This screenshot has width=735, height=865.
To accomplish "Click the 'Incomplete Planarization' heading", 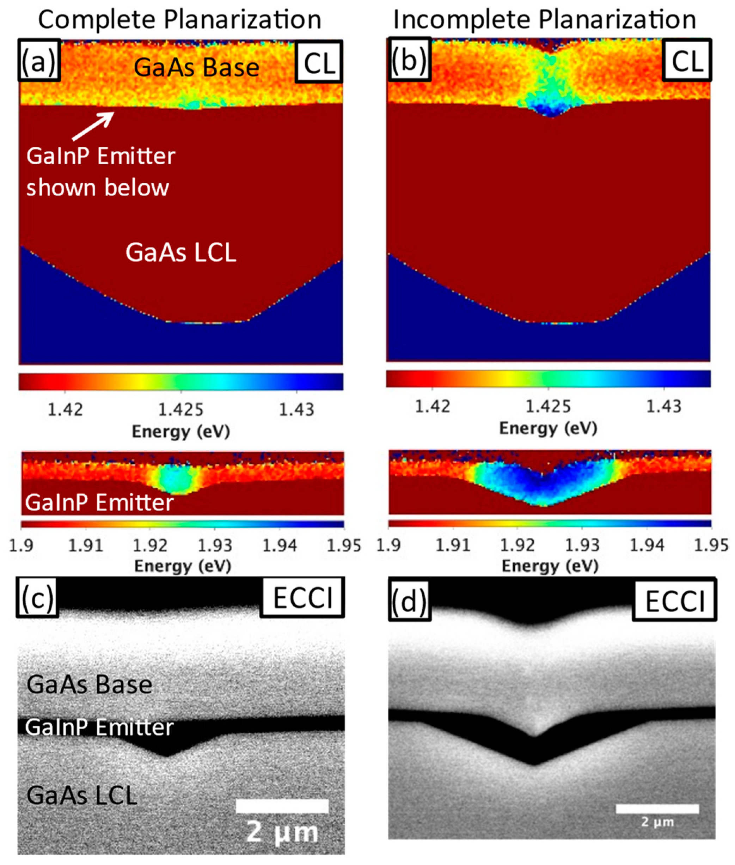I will [545, 20].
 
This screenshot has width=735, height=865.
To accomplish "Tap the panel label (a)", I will [39, 60].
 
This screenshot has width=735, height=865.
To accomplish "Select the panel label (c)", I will [37, 597].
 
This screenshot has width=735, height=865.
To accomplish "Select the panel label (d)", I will [409, 599].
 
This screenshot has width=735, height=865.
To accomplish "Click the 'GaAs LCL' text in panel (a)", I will [181, 252].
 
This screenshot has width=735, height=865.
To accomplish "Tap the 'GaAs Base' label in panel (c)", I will [89, 685].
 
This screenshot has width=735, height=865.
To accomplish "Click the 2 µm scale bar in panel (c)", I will [282, 806].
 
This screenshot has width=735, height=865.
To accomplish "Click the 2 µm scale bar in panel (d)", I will [657, 809].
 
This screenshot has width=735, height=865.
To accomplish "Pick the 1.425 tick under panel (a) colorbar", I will [181, 409].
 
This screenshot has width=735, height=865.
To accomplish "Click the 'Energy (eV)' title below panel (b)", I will [548, 428].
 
